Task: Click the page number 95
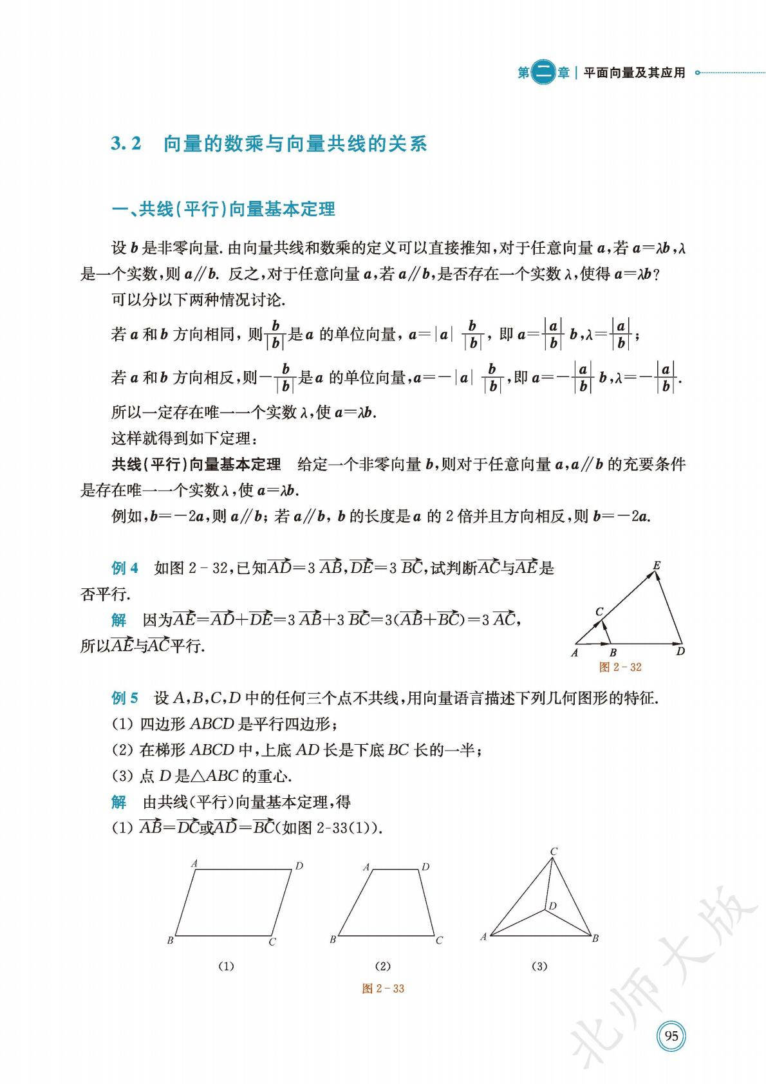pos(671,1036)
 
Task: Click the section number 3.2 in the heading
pos(126,144)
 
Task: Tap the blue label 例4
pos(125,568)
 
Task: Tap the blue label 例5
pos(125,698)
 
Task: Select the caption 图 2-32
pos(620,667)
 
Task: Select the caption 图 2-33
pos(383,988)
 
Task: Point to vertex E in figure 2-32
pos(657,566)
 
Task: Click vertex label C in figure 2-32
pos(599,612)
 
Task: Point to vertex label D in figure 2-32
pos(680,651)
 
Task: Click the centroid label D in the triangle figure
pos(553,906)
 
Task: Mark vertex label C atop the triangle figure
pos(553,852)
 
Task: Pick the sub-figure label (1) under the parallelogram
pos(226,966)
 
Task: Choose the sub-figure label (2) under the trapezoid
pos(382,966)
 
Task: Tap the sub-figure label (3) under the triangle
pos(539,966)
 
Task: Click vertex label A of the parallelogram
pos(194,864)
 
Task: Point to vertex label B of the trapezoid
pos(333,939)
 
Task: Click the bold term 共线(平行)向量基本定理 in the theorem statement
pos(196,464)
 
